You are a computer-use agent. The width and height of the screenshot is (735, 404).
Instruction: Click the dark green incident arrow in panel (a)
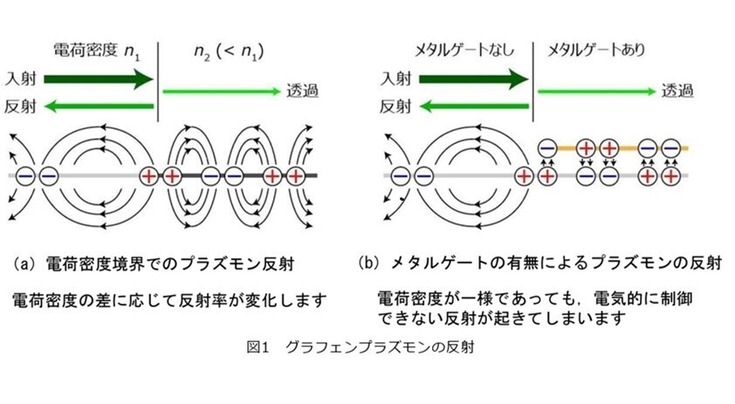tap(99, 79)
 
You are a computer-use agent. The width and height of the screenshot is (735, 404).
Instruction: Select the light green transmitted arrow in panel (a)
tap(221, 92)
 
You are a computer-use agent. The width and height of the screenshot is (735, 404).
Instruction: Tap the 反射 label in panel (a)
tap(20, 106)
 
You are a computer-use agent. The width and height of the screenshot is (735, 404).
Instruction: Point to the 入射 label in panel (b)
tap(395, 79)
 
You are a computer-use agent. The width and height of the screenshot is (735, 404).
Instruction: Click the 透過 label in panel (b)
tap(677, 91)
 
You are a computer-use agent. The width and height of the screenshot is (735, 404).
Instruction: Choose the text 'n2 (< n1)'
tap(229, 51)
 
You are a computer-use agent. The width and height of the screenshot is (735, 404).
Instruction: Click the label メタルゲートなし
tap(464, 50)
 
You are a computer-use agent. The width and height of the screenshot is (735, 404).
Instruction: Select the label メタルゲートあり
tap(596, 50)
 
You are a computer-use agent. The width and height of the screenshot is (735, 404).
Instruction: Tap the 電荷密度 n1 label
tap(97, 51)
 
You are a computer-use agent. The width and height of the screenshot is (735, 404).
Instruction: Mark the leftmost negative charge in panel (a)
tap(26, 176)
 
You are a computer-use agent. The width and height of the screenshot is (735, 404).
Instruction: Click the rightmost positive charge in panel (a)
tap(296, 176)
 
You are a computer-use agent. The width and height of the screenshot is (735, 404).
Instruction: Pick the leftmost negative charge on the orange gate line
tap(547, 148)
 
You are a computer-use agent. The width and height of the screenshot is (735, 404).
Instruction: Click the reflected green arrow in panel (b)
tap(474, 106)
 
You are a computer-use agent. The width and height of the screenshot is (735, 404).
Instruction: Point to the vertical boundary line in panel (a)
tap(158, 81)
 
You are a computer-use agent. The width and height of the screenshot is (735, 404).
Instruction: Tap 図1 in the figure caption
tap(258, 347)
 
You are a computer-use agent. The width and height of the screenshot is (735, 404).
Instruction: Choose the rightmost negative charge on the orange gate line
tap(670, 148)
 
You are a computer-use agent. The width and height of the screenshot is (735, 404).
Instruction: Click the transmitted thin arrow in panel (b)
tap(596, 92)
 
